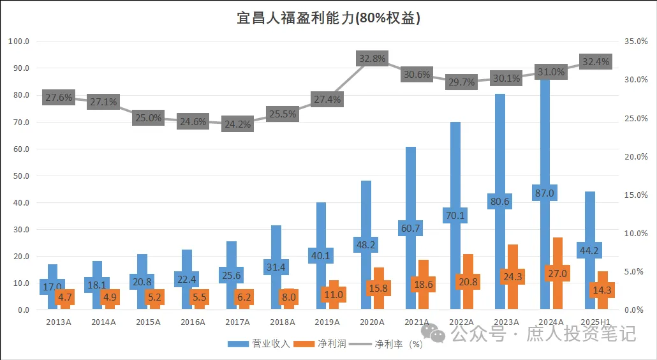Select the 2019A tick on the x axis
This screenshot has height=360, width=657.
tap(327, 322)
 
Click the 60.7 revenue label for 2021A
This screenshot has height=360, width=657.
tap(411, 228)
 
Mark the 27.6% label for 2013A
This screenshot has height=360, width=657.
tap(58, 98)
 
